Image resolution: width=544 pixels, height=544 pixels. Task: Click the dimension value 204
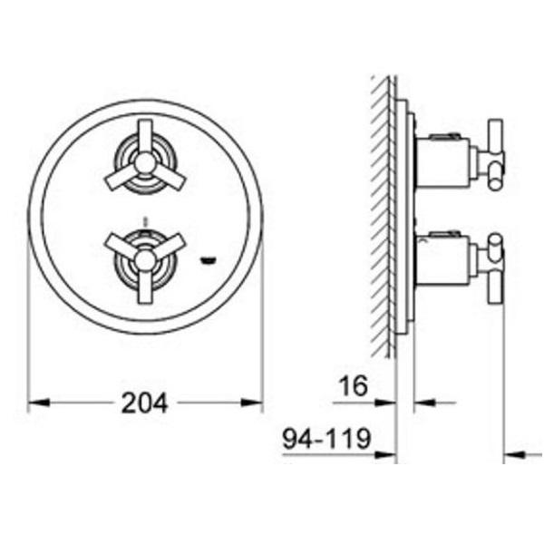[145, 403]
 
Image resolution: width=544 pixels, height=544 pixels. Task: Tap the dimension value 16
[354, 386]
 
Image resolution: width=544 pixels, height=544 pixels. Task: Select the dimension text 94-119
[326, 439]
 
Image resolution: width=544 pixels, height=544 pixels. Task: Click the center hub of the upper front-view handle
[145, 163]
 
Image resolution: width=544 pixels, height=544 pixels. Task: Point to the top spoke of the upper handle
[145, 137]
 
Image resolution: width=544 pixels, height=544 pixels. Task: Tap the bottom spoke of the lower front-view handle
[145, 287]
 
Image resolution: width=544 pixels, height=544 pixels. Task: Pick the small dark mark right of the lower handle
[209, 260]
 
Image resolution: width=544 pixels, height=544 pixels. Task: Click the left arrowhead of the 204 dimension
[38, 403]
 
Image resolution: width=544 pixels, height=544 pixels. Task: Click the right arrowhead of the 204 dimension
[252, 403]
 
